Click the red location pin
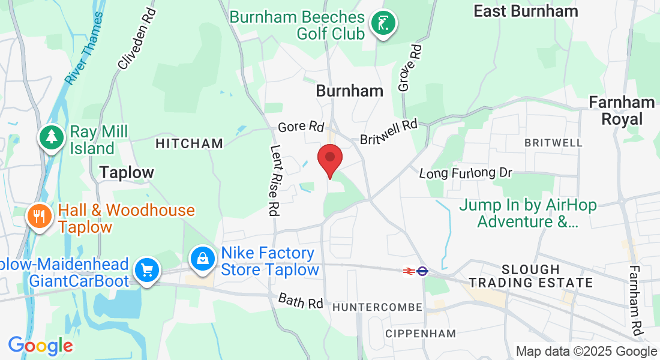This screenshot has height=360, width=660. coord(329,159)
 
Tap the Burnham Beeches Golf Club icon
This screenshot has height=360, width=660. coord(383,25)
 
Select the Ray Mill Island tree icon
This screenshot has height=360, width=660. coord(52,137)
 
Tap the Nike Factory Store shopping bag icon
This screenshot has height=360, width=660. coord(203,259)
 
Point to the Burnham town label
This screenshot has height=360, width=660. coord(349,91)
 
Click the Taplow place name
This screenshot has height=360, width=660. coord(127,173)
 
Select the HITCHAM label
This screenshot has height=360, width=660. coord(189,143)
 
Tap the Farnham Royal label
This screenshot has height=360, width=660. coord(622,110)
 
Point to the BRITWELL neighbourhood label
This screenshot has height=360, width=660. coord(553,143)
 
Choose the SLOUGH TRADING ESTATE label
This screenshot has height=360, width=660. coord(530,276)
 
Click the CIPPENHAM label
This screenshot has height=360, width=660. coord(420,333)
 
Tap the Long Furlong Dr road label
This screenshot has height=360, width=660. coord(466,173)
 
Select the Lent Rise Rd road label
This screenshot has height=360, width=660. coord(275,181)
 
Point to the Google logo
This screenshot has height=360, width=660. coord(40,346)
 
